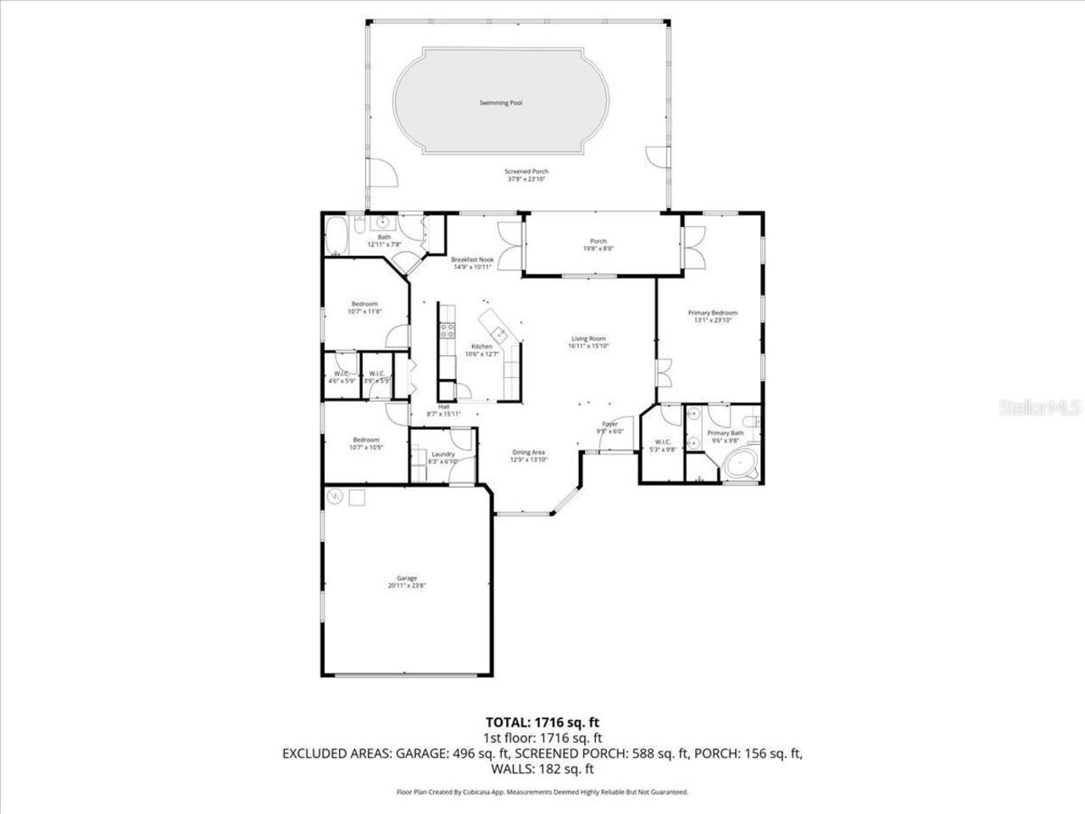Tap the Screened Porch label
click(526, 176)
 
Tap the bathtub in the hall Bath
click(337, 234)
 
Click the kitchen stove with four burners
click(446, 332)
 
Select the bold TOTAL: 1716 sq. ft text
click(542, 722)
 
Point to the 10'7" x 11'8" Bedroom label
click(365, 308)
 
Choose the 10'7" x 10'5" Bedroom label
click(365, 443)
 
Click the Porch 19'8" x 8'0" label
click(598, 245)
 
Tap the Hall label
click(443, 410)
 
